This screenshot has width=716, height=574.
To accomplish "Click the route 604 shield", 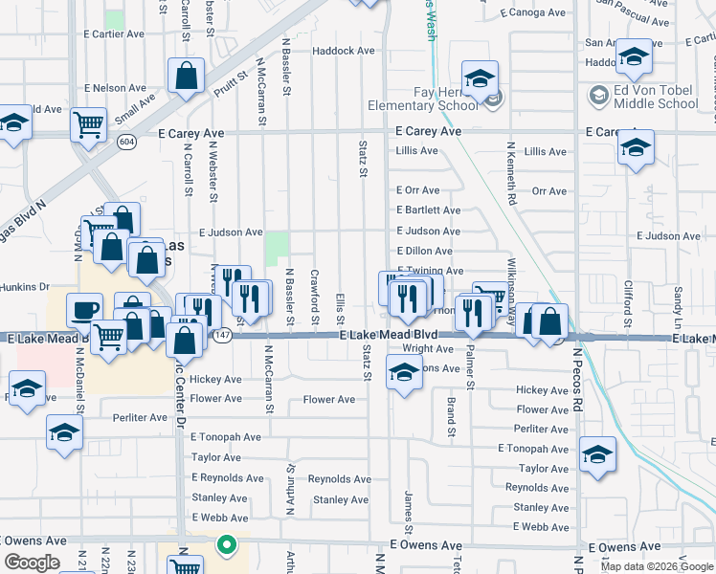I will (x=126, y=142).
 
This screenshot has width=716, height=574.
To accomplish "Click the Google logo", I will (x=32, y=563).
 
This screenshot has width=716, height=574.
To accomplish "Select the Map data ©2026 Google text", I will (x=656, y=566).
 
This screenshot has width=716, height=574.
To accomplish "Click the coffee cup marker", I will (x=84, y=309).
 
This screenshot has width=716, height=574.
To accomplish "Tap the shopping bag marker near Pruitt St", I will (x=186, y=75).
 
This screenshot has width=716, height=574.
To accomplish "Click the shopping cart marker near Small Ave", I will (x=89, y=122).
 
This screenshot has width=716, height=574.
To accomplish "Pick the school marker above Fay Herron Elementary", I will (x=480, y=77).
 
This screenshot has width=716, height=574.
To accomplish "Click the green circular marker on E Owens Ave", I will (x=227, y=545).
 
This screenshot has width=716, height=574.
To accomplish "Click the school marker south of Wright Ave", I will (x=404, y=371).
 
